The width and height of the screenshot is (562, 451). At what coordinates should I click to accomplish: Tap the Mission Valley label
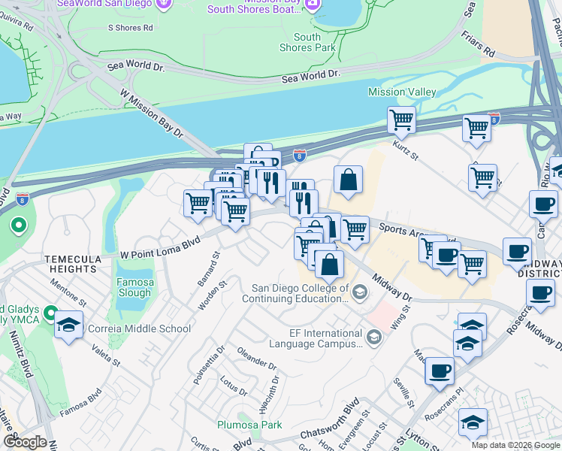[x=402, y=92]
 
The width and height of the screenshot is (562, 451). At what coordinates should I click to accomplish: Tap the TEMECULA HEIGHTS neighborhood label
[x=72, y=263]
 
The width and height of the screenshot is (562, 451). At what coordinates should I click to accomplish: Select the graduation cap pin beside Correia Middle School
[x=68, y=325]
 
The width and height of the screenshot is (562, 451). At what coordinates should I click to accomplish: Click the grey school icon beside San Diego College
[x=360, y=292]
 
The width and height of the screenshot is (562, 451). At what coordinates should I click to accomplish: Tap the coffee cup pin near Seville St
[x=440, y=371]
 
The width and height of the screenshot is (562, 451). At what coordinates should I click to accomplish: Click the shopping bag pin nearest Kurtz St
[x=348, y=180]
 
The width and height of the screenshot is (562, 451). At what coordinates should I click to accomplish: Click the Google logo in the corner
[x=25, y=442]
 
